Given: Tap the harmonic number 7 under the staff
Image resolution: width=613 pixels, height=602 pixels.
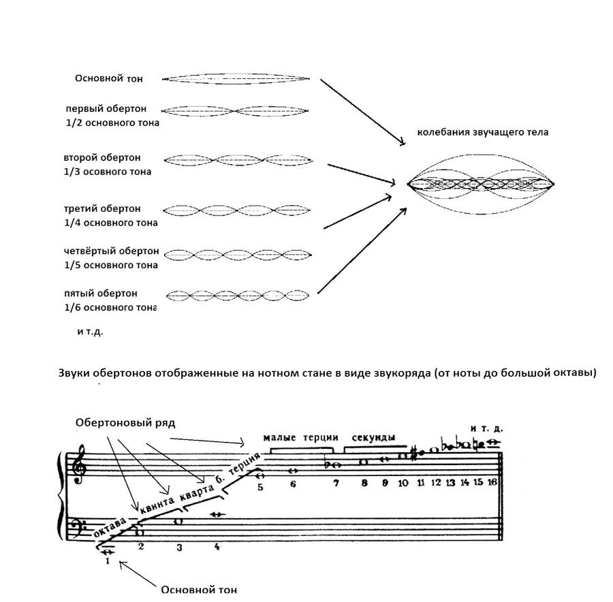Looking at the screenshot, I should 336,484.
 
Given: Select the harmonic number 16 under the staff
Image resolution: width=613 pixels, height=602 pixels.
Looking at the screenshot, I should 492,483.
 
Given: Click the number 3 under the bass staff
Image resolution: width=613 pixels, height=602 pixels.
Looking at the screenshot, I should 180,547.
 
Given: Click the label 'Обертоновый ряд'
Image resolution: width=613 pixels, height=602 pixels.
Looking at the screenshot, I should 125,423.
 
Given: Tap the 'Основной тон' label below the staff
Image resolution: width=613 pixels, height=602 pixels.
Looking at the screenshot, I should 199,590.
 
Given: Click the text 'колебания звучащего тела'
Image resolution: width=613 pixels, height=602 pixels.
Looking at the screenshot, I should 483,132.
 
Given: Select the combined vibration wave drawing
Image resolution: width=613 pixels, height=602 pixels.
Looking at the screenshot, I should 481,184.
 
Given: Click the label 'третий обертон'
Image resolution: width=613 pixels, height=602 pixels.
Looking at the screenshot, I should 102,208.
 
